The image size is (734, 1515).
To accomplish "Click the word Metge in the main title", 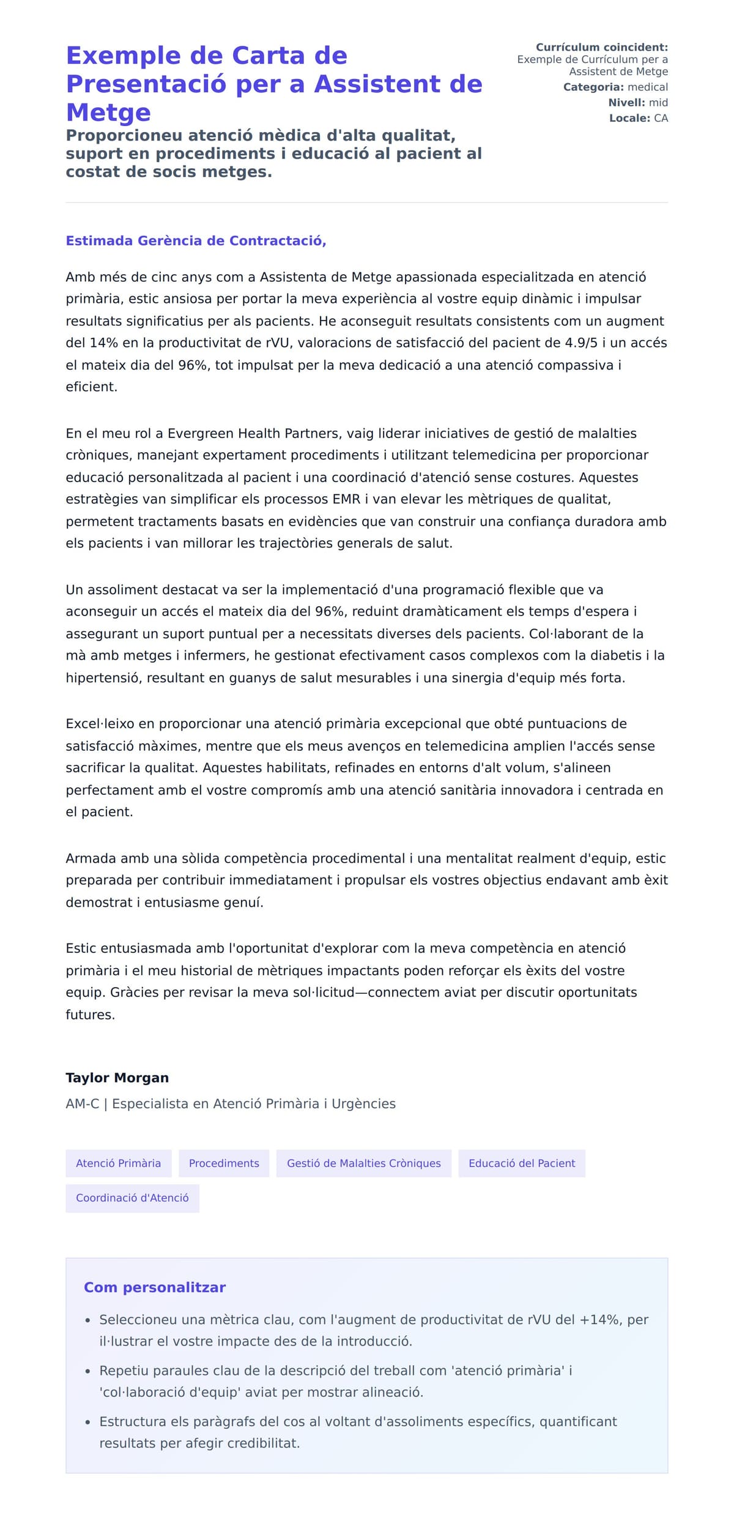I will pos(108,113).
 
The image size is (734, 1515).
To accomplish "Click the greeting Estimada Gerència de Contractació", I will pos(196,240).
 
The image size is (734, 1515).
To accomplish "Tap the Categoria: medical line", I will pos(615,87).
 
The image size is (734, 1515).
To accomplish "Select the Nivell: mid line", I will pos(637,102).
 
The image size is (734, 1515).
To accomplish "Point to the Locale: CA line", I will pos(638,117).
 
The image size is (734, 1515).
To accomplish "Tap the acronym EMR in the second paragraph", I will pos(346,499).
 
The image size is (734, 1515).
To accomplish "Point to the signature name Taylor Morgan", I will pos(117,1078).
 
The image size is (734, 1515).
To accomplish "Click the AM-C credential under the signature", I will pos(82,1103).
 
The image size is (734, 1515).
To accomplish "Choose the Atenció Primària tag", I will pos(118,1163).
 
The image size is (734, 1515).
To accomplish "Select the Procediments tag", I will pos(224,1163).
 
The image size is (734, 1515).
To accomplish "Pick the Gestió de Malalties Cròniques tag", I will pos(363,1163).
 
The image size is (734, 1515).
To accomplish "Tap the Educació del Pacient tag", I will pos(522,1163).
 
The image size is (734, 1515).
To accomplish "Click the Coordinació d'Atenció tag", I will pos(132,1197).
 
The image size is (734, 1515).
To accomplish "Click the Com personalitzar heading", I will pos(155,1287).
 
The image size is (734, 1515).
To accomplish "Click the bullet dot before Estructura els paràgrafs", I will pos(87,1423).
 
